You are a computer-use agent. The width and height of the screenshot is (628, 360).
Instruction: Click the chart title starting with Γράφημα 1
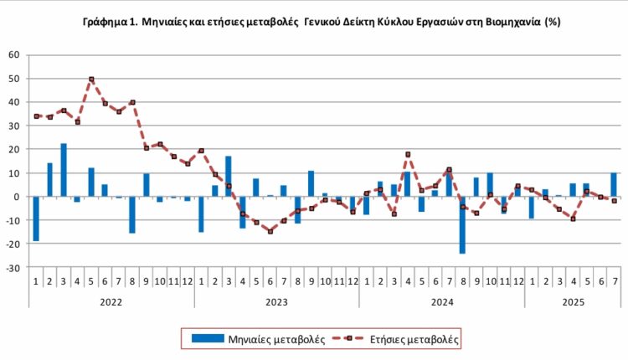[x=314, y=23]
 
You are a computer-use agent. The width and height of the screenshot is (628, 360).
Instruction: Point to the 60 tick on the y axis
[x=13, y=54]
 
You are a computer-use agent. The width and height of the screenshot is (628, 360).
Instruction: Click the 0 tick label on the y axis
[x=16, y=197]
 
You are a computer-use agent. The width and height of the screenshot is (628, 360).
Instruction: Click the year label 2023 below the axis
[x=277, y=297]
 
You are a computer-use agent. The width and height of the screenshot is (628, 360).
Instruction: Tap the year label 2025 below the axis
[x=574, y=297]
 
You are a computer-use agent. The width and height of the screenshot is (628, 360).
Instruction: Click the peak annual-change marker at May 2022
[x=91, y=80]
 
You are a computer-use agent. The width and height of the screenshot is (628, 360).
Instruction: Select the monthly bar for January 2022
[x=36, y=219]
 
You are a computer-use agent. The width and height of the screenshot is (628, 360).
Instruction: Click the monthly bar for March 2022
[x=64, y=170]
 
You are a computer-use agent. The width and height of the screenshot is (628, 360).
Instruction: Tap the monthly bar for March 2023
[x=229, y=176]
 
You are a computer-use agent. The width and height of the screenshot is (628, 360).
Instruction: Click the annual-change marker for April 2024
[x=408, y=154]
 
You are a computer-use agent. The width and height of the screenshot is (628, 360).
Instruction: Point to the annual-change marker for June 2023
[x=270, y=231]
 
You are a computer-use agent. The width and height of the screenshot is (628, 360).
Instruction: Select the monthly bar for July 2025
[x=614, y=184]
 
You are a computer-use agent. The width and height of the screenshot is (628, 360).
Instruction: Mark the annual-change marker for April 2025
[x=573, y=219]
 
